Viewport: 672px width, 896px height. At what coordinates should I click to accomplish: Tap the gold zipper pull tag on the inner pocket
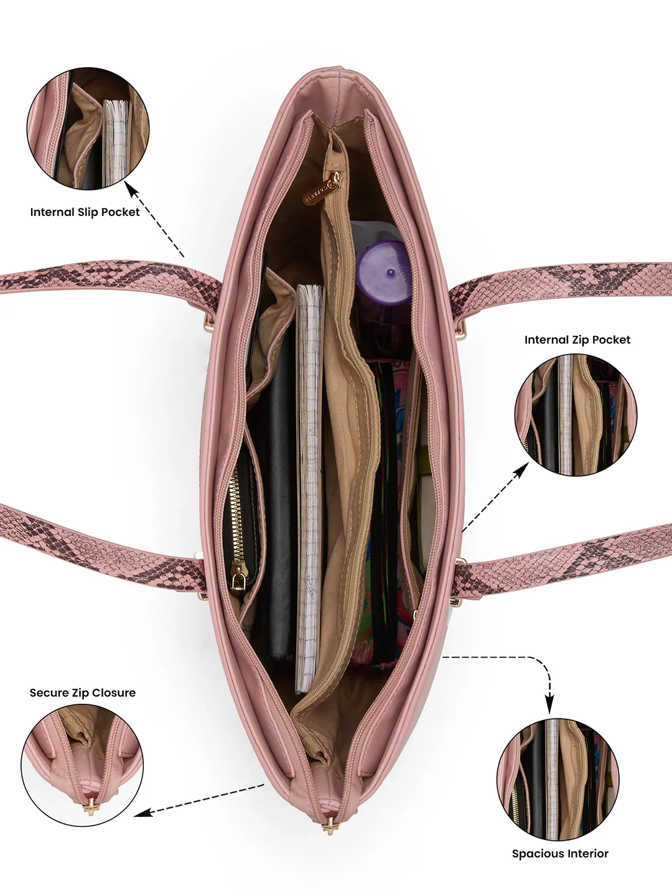[322, 188]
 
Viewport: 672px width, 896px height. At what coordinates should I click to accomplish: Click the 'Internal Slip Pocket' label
[85, 212]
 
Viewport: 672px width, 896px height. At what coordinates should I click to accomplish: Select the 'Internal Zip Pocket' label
[577, 340]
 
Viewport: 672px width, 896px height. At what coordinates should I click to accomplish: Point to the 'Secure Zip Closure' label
[82, 693]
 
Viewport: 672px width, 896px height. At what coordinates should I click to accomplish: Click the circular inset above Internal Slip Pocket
[88, 128]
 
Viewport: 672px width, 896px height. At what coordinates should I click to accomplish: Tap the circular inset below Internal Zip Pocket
[576, 414]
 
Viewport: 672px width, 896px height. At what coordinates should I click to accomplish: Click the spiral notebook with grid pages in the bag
[309, 486]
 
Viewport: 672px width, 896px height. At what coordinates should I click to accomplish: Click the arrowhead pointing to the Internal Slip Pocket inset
[132, 189]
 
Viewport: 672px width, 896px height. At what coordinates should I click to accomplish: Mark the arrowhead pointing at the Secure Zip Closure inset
[143, 813]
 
